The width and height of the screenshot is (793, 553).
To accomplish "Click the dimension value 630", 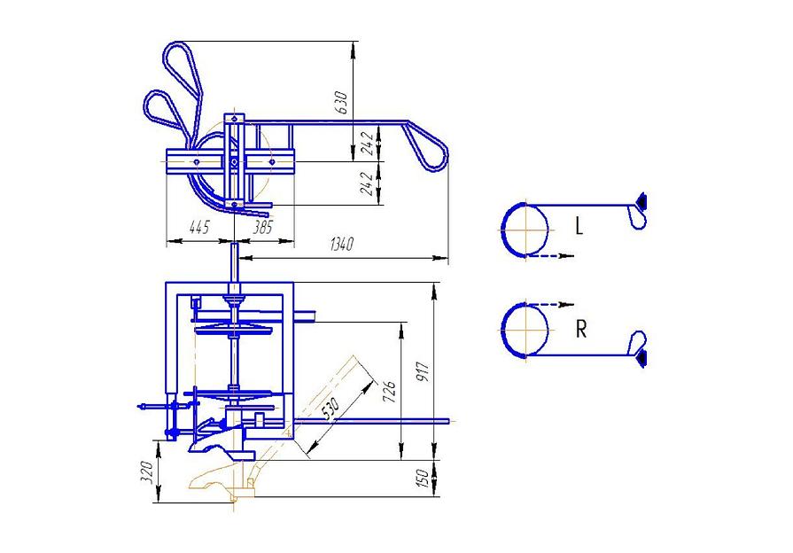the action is pos(341,103).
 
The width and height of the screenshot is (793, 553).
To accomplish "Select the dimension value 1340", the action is pos(342,245).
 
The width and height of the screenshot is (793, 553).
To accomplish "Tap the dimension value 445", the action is pos(198,227).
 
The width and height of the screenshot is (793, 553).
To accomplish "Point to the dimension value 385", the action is pos(262,227).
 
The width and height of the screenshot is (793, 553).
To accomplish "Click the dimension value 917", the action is pos(423,372).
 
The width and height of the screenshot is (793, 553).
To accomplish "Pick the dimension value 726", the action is pos(390,392).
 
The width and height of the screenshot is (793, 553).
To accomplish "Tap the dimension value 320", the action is pos(147,472).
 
